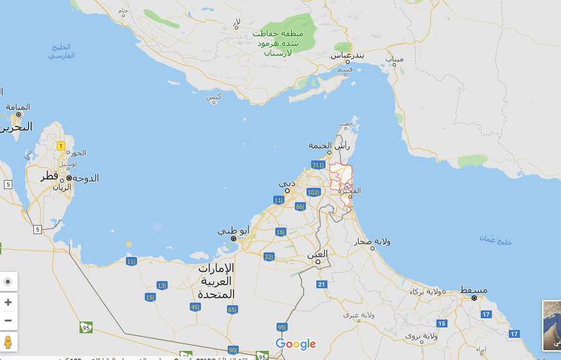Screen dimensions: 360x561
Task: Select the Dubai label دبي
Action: point(288,183)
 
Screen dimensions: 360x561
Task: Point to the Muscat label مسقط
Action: point(474,289)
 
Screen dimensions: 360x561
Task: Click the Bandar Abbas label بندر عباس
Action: point(347,55)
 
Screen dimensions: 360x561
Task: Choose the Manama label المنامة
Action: point(18,106)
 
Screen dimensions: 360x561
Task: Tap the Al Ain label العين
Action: point(318,253)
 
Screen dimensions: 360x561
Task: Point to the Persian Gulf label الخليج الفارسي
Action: point(61,51)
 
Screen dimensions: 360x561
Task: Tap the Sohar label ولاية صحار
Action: point(373,241)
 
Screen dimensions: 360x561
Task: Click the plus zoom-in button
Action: point(8,302)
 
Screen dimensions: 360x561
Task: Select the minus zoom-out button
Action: point(8,320)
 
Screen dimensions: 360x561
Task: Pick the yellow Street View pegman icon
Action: point(8,341)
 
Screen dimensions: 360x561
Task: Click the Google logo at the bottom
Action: point(296,344)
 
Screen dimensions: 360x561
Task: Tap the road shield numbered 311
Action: point(318,164)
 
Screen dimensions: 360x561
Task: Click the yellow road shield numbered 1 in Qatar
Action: point(61,146)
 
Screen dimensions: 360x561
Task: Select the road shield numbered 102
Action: point(313,192)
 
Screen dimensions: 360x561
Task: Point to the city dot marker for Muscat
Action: point(474,297)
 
